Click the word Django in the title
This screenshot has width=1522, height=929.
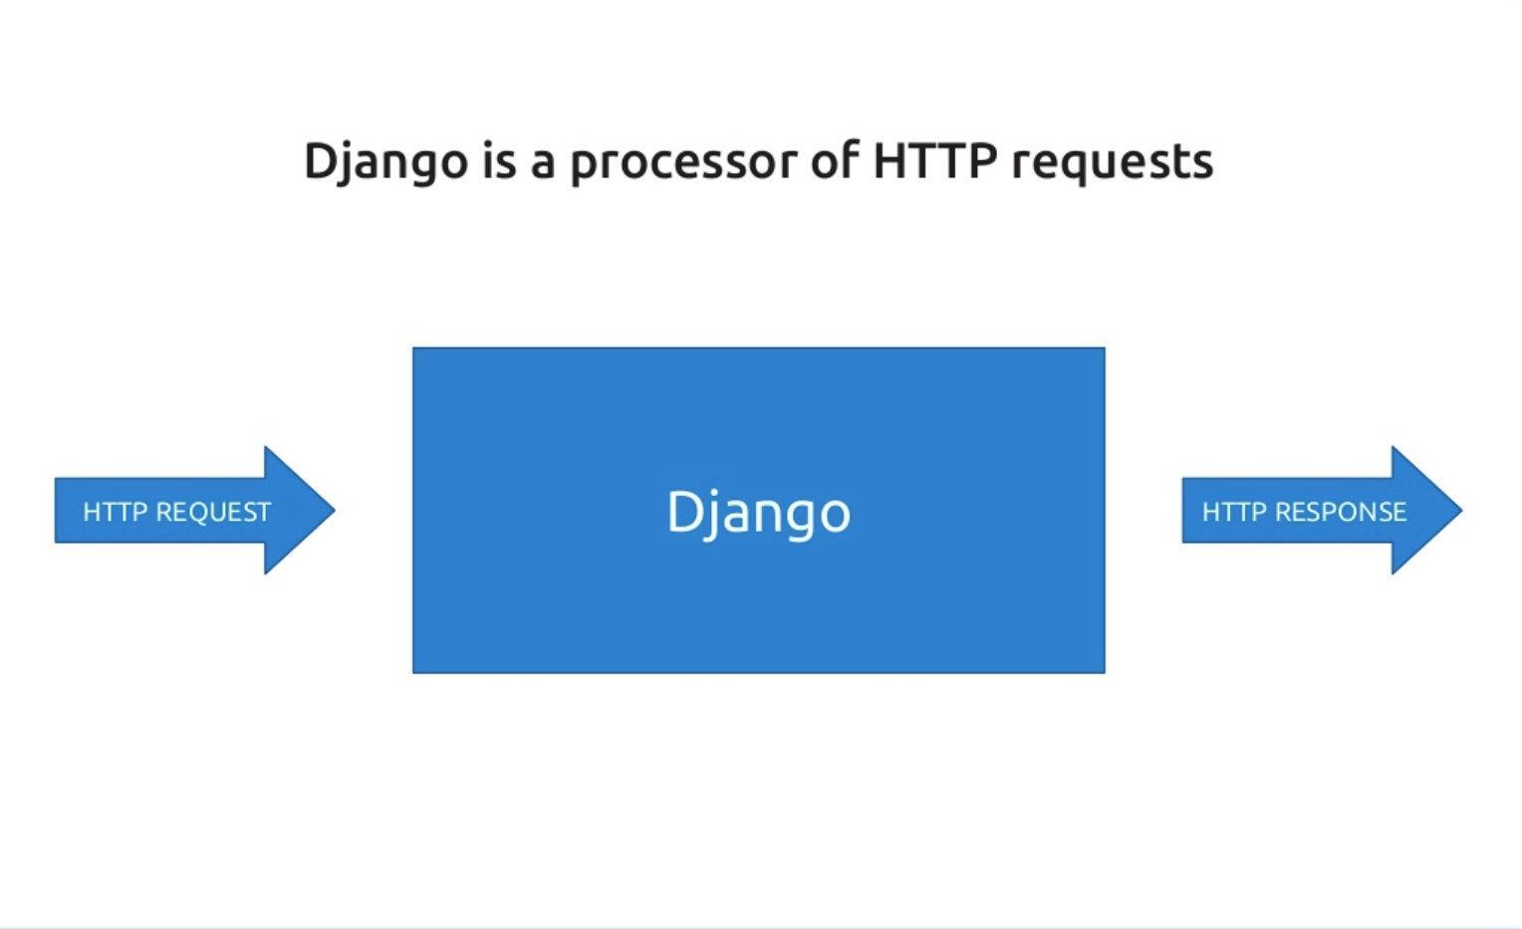pyautogui.click(x=384, y=162)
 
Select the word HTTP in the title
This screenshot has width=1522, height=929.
pyautogui.click(x=934, y=160)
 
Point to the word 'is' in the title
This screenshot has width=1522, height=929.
pyautogui.click(x=499, y=160)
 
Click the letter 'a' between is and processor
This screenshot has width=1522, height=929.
pyautogui.click(x=542, y=164)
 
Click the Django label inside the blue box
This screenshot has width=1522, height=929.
pyautogui.click(x=758, y=513)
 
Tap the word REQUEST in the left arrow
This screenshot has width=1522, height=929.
pyautogui.click(x=213, y=512)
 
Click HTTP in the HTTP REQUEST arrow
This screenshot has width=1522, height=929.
pyautogui.click(x=116, y=512)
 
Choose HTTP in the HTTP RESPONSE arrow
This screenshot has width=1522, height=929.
pyautogui.click(x=1234, y=512)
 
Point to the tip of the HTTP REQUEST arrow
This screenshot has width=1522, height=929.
pyautogui.click(x=333, y=510)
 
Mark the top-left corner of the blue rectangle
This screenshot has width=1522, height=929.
pyautogui.click(x=414, y=349)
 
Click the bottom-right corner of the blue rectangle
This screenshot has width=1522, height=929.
pyautogui.click(x=1104, y=671)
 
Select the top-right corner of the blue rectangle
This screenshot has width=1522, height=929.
pyautogui.click(x=1104, y=349)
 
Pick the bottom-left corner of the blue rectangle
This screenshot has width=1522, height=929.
pyautogui.click(x=414, y=671)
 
